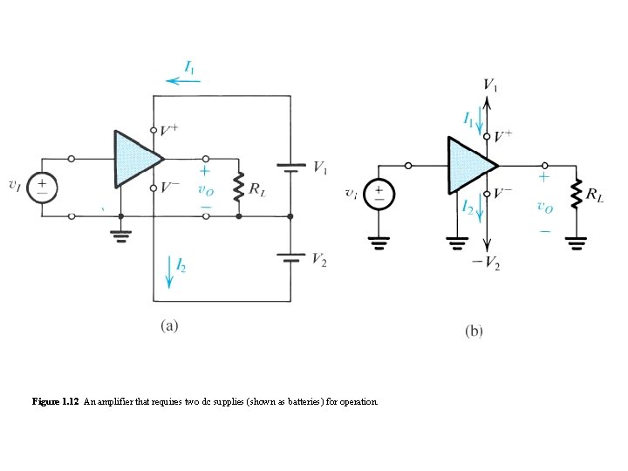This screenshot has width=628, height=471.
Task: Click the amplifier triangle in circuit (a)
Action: click(135, 160)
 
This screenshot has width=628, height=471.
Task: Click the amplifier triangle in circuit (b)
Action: click(468, 165)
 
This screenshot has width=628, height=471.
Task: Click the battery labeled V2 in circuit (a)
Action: click(290, 257)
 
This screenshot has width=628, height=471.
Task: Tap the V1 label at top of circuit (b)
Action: click(490, 85)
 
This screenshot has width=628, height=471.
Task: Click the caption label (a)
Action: click(169, 326)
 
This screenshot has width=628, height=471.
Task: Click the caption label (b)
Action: click(474, 331)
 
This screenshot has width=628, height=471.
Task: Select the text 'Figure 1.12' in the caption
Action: click(56, 402)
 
